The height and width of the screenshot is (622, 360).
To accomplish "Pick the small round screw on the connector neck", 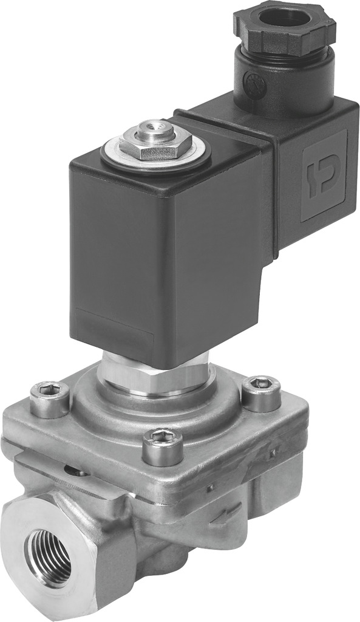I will pos(250,81).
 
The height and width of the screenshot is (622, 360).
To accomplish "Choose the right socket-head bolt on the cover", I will pos(261,392).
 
